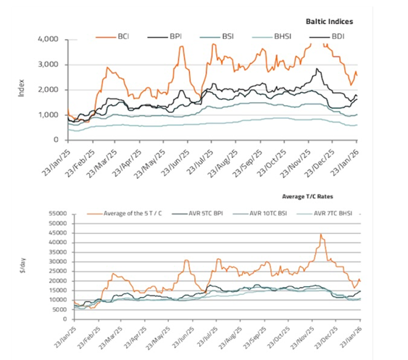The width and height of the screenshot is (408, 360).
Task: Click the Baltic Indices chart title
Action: (329, 22)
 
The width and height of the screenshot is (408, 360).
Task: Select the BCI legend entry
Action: (112, 37)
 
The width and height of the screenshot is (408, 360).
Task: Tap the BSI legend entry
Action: (217, 37)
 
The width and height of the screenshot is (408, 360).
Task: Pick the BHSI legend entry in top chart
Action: (272, 37)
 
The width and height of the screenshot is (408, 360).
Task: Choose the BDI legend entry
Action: (327, 37)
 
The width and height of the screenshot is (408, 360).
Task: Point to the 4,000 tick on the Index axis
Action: (48, 39)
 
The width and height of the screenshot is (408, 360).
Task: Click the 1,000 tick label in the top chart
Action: (49, 115)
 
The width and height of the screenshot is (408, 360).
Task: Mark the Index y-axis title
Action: (21, 88)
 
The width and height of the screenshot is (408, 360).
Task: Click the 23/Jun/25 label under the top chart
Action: (175, 164)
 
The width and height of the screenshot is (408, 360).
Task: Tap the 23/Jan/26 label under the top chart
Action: (344, 164)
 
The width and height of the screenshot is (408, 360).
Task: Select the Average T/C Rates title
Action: (307, 196)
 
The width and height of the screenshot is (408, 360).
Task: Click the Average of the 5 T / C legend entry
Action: (125, 214)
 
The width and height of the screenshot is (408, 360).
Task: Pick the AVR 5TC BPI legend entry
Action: (197, 214)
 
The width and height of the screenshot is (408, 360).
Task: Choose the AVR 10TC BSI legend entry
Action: (259, 214)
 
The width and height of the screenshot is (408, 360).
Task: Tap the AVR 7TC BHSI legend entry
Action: (324, 214)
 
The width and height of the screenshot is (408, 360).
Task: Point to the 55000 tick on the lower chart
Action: (58, 214)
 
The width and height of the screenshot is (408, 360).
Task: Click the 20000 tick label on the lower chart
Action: (58, 281)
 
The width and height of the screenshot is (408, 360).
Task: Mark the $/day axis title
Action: (22, 266)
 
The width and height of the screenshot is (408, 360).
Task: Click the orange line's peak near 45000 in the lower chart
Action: (321, 234)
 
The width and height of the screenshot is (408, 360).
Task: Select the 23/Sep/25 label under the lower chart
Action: (254, 338)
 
